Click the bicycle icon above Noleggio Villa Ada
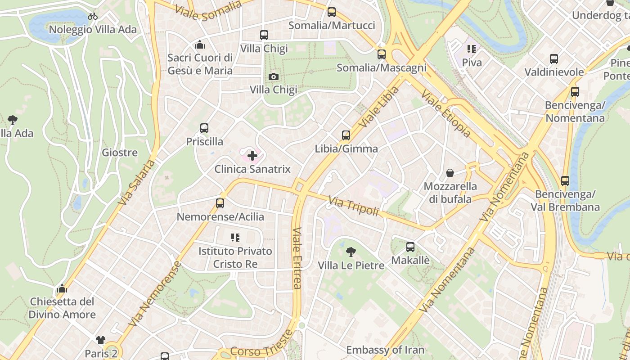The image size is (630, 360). [93, 16]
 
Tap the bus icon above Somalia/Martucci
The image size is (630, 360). [332, 12]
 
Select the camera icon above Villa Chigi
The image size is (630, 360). [273, 77]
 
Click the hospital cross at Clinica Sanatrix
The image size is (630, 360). [252, 156]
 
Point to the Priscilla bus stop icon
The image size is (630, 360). [204, 128]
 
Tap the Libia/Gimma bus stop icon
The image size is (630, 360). [346, 135]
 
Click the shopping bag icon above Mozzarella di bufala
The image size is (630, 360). [450, 173]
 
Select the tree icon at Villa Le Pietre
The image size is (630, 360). [351, 252]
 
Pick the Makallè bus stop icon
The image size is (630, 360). [410, 247]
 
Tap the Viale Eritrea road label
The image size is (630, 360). [297, 257]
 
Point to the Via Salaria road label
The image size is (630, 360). [137, 182]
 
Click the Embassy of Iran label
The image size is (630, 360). [385, 350]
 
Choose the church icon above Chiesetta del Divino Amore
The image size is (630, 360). [62, 288]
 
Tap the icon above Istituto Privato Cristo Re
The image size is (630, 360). [235, 237]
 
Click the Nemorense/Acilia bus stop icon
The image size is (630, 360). [220, 203]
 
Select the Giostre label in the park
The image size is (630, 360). [120, 152]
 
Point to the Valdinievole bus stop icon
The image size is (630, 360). [554, 58]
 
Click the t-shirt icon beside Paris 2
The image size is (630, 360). [100, 340]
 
